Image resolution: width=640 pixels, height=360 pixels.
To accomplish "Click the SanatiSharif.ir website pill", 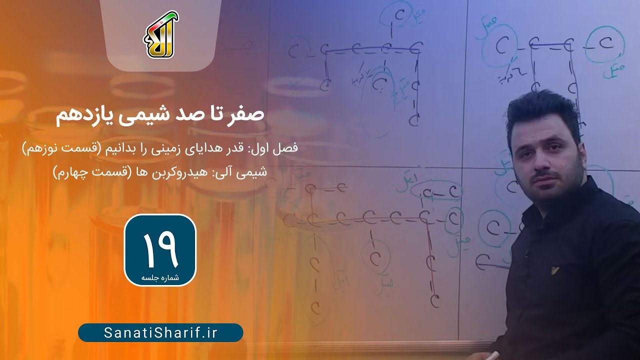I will (x=160, y=333).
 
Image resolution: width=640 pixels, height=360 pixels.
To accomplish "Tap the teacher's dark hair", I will (x=542, y=107).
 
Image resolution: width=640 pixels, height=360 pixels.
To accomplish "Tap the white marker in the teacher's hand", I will (x=493, y=355).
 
